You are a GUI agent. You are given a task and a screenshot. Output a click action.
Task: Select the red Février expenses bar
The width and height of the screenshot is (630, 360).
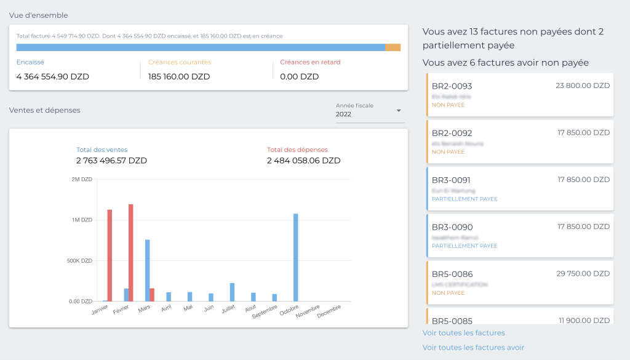[x=131, y=252]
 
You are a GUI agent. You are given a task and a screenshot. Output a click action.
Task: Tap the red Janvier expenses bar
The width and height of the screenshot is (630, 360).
[x=110, y=255]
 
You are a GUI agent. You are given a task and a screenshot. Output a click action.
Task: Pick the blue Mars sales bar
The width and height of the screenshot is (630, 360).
[x=148, y=270]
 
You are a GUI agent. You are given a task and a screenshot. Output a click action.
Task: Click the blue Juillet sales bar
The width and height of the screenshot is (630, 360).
[x=232, y=292]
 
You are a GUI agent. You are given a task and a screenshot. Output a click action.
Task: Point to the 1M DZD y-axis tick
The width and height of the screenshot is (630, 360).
[x=82, y=220]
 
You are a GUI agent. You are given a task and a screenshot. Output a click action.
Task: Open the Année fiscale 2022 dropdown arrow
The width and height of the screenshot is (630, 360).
[x=398, y=111]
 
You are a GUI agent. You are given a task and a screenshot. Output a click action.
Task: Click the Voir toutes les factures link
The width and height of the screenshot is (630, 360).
[x=463, y=333]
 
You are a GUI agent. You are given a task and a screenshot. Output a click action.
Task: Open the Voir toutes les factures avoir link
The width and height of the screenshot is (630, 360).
[x=473, y=348]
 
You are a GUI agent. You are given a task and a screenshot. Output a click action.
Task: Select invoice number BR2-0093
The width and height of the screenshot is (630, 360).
[x=452, y=86]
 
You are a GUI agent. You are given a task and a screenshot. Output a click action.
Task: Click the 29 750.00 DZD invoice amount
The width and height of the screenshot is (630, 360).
[x=583, y=273]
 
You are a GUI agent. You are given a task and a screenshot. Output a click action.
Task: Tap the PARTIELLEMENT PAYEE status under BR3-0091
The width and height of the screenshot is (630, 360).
[x=465, y=199]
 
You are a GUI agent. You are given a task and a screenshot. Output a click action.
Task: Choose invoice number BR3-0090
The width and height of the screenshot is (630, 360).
[x=452, y=227]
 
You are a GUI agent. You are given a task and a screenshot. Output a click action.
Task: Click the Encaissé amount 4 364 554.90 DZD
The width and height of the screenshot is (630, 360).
[x=53, y=77]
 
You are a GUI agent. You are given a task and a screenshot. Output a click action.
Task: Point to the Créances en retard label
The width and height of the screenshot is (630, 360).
[x=309, y=62]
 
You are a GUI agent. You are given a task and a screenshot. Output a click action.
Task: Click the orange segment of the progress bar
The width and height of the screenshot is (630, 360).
[x=393, y=47]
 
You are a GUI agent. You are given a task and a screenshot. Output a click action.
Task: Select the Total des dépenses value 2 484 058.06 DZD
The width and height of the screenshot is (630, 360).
[x=303, y=161]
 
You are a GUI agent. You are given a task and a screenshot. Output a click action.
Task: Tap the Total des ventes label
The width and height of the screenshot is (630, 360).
[x=102, y=150]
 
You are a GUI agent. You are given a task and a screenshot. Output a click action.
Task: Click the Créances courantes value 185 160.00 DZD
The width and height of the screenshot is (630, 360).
[x=179, y=77]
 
